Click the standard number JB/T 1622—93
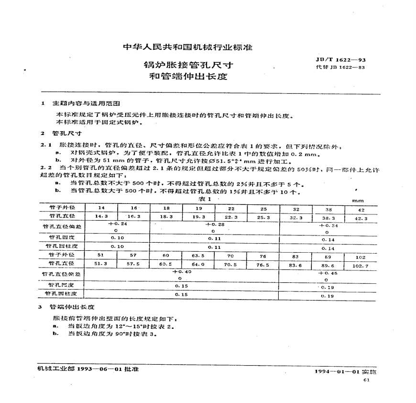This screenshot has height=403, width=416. [x=341, y=60]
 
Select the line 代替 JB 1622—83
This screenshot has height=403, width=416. [x=341, y=67]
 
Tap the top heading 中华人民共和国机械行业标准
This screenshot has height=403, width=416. [x=187, y=47]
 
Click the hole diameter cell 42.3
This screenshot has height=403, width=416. [x=361, y=218]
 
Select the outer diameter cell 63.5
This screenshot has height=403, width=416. [x=199, y=255]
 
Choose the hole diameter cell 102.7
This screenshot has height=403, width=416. [x=361, y=264]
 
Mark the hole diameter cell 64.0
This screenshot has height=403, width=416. [x=199, y=263]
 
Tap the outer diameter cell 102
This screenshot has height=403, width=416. [x=361, y=256]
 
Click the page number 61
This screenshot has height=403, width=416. [x=367, y=380]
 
